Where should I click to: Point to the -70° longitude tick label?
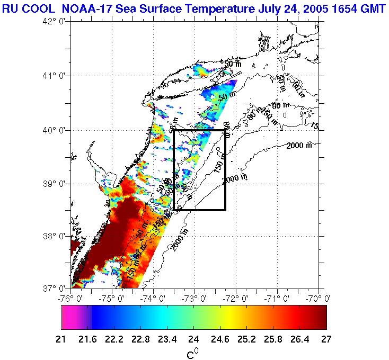(319, 298)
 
